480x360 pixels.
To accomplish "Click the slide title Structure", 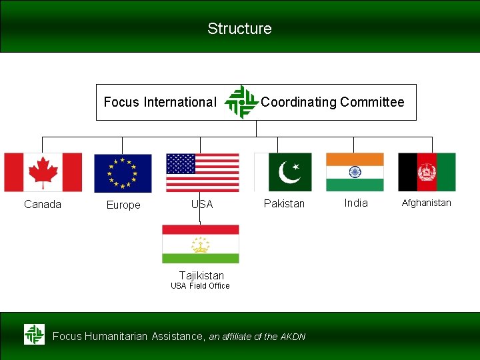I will (239, 29).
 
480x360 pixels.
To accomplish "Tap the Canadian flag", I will (43, 172).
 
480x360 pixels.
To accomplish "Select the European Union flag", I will (123, 173).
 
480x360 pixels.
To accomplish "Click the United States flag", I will (203, 173).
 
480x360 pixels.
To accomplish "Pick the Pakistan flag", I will (283, 172).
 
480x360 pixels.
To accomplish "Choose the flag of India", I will (355, 172).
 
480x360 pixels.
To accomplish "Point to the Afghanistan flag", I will (427, 172).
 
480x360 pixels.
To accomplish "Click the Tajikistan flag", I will (201, 244).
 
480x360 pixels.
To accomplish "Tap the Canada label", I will (43, 204).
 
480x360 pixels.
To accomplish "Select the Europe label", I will (123, 205).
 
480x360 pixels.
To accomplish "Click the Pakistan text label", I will (284, 203).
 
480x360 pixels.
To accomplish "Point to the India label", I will (356, 203).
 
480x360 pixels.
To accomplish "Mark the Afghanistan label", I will (427, 203).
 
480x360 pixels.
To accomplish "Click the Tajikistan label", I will (201, 275).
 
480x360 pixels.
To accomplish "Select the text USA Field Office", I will (200, 286).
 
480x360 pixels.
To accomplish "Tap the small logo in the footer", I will (34, 334).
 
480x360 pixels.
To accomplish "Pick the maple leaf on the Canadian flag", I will (43, 172).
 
